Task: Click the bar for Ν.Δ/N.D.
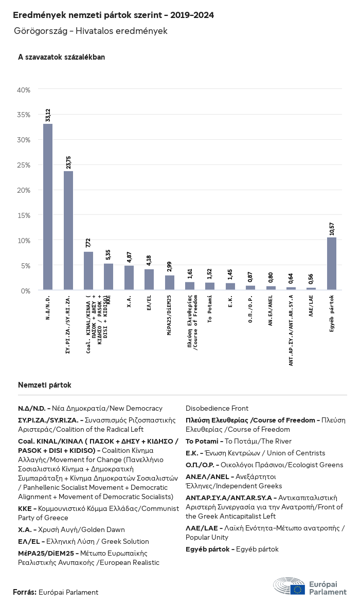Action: (48, 207)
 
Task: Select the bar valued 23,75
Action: (68, 231)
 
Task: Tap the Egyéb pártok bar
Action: (332, 264)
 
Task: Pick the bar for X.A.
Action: (129, 278)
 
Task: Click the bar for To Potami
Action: (210, 286)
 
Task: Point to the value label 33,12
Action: (48, 115)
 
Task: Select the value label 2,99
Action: (170, 266)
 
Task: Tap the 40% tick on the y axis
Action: (24, 90)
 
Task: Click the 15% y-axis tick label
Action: (24, 215)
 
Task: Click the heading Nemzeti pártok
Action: (45, 385)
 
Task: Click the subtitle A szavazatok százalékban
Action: (61, 57)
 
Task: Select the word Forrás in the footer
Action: (24, 592)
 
